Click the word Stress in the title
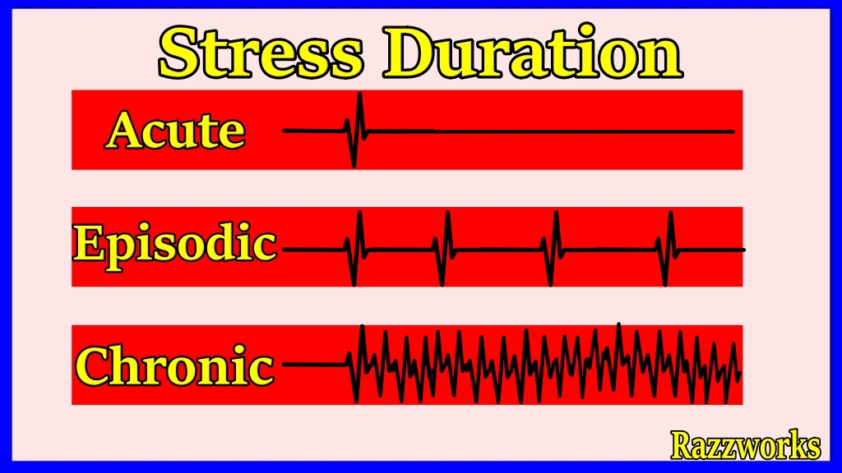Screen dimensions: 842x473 (261, 53)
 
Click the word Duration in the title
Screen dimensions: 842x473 (532, 52)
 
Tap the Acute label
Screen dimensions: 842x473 (176, 131)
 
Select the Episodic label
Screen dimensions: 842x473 (175, 247)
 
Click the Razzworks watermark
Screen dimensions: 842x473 (745, 444)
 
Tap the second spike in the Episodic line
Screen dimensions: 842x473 (445, 249)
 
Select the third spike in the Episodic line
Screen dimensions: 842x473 (553, 249)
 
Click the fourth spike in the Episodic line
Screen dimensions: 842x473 (668, 249)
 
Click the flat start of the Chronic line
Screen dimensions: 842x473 (315, 364)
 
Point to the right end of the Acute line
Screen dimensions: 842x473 (733, 131)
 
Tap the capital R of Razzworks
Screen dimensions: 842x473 (682, 444)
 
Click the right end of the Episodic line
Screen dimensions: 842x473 (743, 250)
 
